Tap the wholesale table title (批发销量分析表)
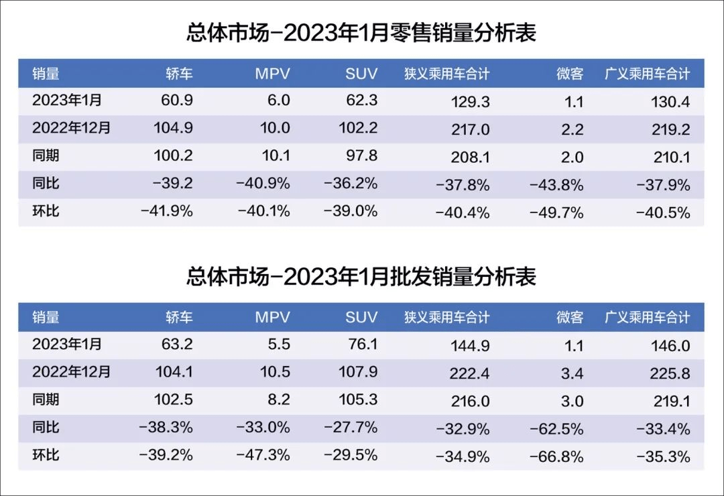(361, 276)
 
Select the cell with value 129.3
(472, 102)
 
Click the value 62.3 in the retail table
(361, 101)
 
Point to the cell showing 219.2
(670, 130)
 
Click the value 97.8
(361, 156)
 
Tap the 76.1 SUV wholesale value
(361, 345)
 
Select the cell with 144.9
(472, 346)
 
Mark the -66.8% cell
(556, 457)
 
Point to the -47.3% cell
(263, 455)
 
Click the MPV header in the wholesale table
(272, 317)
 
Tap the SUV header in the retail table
(361, 74)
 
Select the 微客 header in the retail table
(570, 74)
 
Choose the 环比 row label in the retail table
(46, 211)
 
